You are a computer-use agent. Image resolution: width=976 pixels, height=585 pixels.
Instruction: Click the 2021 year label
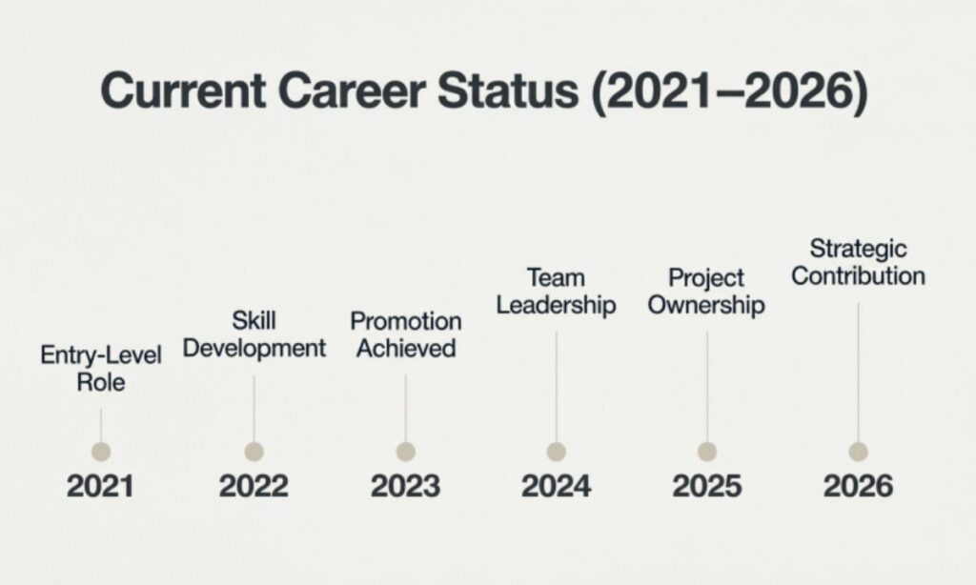pyautogui.click(x=100, y=487)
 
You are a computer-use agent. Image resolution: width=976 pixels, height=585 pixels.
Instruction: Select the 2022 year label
pyautogui.click(x=254, y=487)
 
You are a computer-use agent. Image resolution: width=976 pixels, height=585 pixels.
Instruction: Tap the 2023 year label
pyautogui.click(x=405, y=487)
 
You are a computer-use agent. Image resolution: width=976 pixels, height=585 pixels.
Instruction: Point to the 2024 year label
pyautogui.click(x=556, y=487)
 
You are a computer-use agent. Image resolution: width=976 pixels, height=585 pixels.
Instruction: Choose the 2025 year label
pyautogui.click(x=707, y=487)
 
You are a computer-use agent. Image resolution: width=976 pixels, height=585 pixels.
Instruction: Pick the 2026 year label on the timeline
pyautogui.click(x=858, y=487)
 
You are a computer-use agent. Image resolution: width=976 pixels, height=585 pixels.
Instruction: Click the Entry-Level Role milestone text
pyautogui.click(x=101, y=370)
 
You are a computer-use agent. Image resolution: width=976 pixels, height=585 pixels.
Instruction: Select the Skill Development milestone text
pyautogui.click(x=254, y=334)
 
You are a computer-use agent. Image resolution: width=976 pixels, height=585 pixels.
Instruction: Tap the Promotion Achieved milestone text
pyautogui.click(x=405, y=335)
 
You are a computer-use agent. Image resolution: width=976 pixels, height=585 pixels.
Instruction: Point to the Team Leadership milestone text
pyautogui.click(x=556, y=292)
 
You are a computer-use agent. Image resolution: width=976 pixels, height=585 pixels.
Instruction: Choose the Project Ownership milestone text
pyautogui.click(x=706, y=292)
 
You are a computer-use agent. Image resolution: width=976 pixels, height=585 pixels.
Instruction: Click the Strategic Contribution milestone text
pyautogui.click(x=858, y=263)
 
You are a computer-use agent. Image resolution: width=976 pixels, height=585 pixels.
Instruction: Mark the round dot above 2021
pyautogui.click(x=101, y=452)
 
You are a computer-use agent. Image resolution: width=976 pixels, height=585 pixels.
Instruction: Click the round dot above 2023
pyautogui.click(x=405, y=452)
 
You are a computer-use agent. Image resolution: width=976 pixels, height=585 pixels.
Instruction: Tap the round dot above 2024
pyautogui.click(x=557, y=452)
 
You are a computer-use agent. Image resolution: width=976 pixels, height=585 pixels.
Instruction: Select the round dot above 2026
pyautogui.click(x=858, y=452)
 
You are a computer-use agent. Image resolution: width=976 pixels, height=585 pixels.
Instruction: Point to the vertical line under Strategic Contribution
pyautogui.click(x=858, y=372)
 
